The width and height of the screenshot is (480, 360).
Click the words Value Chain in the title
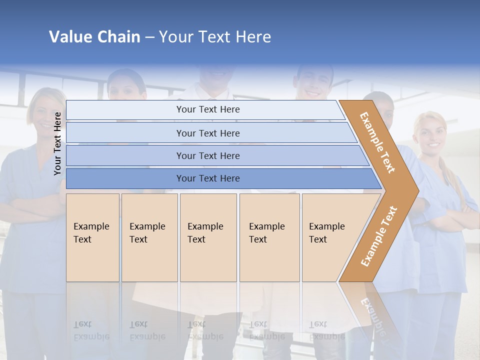click(94, 37)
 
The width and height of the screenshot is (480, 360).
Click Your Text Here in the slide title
click(215, 37)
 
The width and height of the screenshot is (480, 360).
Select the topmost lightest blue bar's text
click(208, 109)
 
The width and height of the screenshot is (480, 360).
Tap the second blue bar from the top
click(208, 133)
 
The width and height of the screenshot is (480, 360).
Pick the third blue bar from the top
click(208, 155)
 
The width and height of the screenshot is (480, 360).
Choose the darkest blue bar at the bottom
click(208, 178)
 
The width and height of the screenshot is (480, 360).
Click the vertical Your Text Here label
click(57, 143)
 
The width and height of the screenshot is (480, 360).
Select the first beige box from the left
click(92, 237)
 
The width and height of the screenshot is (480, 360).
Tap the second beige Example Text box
click(149, 237)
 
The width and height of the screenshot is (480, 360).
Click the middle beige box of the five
click(208, 237)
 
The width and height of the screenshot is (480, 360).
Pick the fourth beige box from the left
click(269, 237)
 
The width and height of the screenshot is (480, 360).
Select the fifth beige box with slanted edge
click(327, 237)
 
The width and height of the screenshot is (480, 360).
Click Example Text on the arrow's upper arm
click(378, 142)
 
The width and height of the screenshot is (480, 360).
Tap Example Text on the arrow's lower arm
click(379, 236)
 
